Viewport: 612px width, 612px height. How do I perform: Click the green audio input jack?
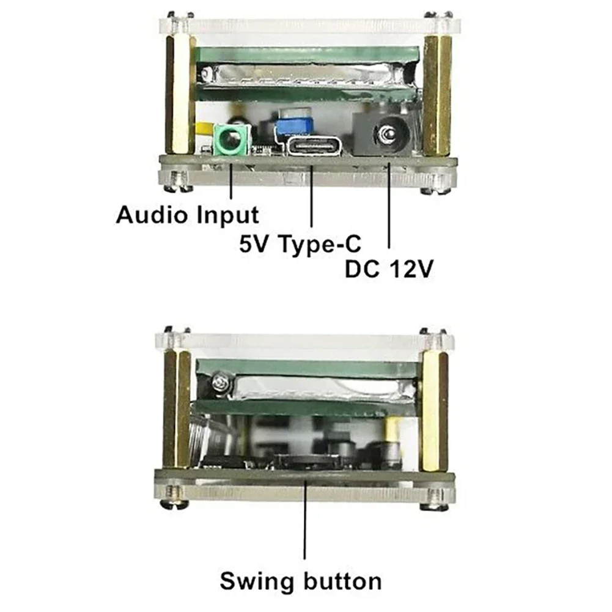pyautogui.click(x=231, y=141)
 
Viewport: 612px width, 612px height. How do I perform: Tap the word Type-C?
pyautogui.click(x=320, y=245)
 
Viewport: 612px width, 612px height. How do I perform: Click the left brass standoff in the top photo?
pyautogui.click(x=180, y=95)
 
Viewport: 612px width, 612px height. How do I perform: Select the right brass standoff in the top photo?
pyautogui.click(x=437, y=95)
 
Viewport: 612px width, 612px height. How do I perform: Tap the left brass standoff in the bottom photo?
pyautogui.click(x=177, y=410)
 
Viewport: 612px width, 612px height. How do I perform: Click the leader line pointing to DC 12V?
pyautogui.click(x=389, y=206)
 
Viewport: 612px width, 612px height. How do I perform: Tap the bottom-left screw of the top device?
pyautogui.click(x=179, y=183)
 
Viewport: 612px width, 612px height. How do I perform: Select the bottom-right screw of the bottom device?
pyautogui.click(x=435, y=500)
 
